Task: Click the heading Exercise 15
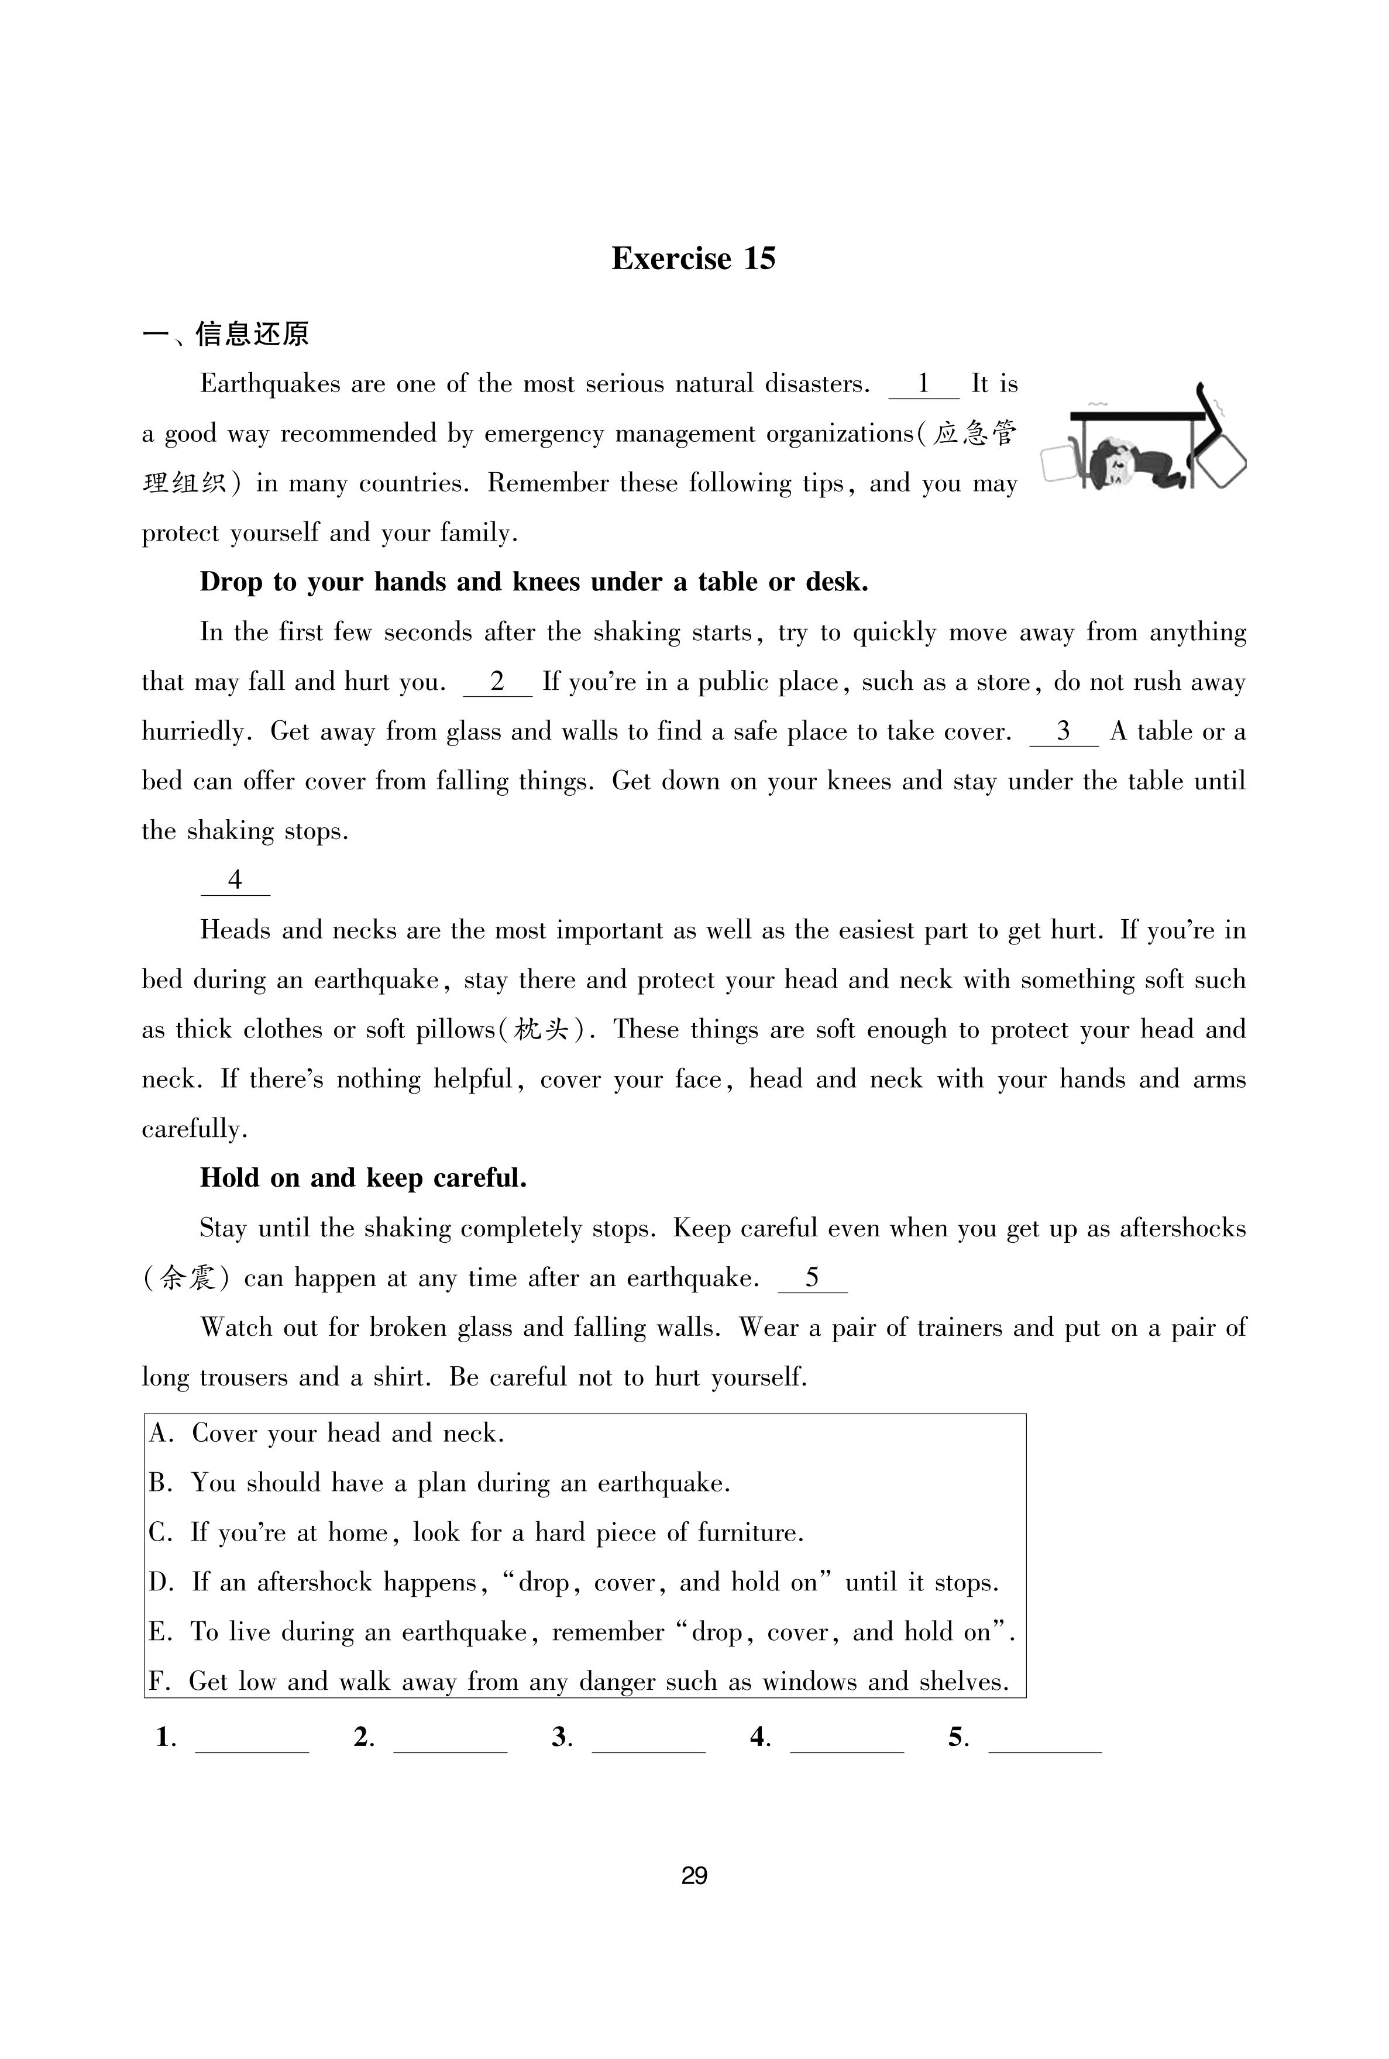pyautogui.click(x=693, y=259)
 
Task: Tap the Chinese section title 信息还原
pyautogui.click(x=252, y=335)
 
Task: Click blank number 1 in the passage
pyautogui.click(x=923, y=385)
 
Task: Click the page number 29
pyautogui.click(x=693, y=1876)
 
